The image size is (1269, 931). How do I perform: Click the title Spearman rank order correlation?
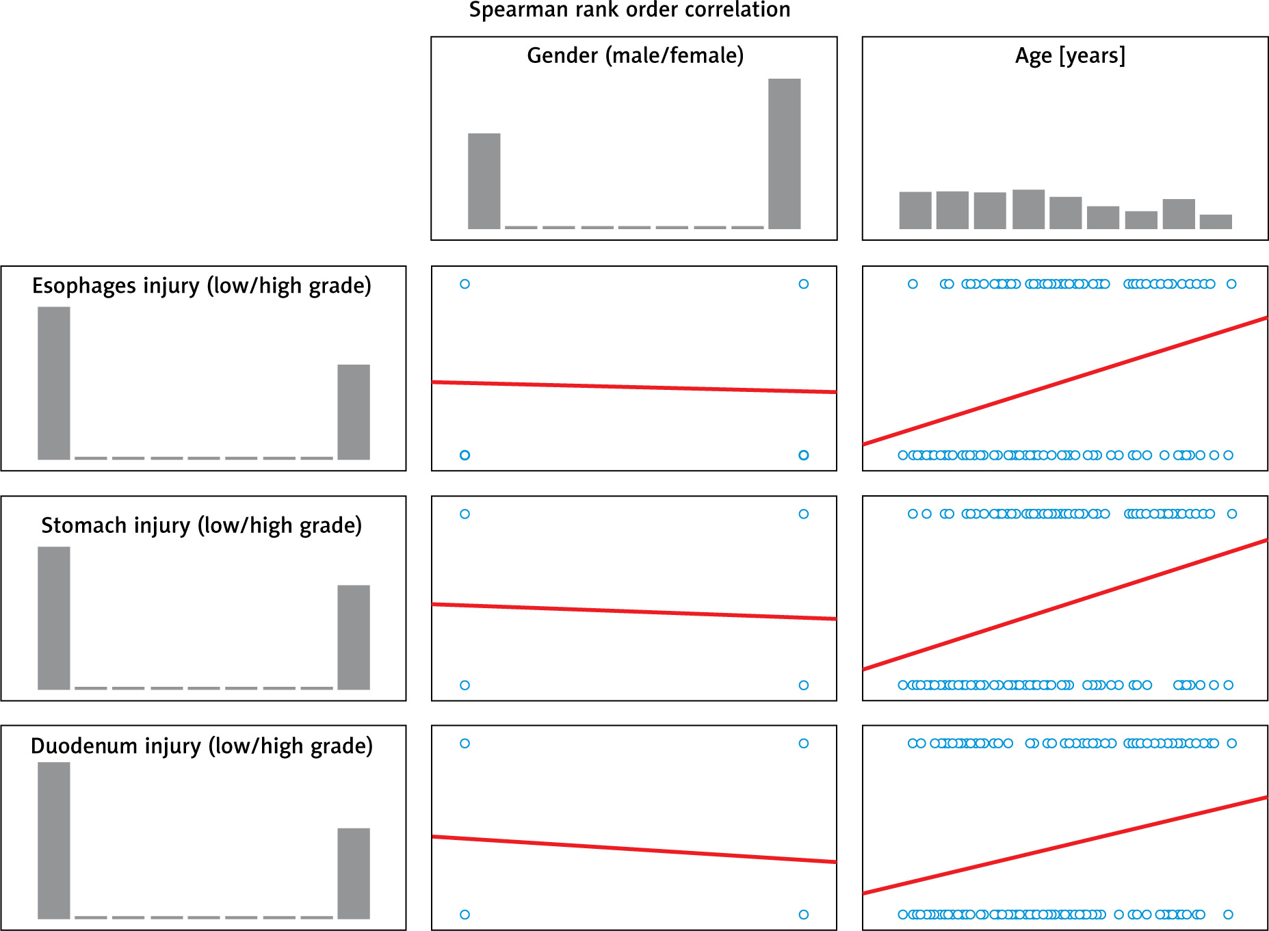click(x=629, y=10)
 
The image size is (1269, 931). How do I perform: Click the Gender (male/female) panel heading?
click(x=635, y=55)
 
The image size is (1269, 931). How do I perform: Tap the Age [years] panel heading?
click(x=1070, y=55)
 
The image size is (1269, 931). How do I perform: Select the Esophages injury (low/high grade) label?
click(x=202, y=285)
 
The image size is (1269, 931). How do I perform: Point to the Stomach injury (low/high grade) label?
click(x=202, y=525)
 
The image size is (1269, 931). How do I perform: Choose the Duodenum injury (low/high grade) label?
click(x=202, y=746)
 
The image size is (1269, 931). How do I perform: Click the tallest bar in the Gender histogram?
click(x=784, y=154)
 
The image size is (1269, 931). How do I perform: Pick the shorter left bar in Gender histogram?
click(x=484, y=181)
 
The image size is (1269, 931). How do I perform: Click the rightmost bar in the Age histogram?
click(x=1216, y=222)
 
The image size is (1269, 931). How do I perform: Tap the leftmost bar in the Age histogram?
click(x=915, y=210)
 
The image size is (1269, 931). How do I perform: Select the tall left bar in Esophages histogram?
click(x=54, y=383)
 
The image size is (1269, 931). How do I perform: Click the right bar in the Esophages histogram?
click(x=354, y=412)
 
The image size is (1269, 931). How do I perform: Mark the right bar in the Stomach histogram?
click(x=354, y=637)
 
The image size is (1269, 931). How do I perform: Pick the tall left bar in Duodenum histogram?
click(x=54, y=840)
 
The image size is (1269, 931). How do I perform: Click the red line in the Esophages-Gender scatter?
click(x=634, y=387)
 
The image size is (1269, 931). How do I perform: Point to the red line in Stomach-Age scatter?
click(x=1065, y=605)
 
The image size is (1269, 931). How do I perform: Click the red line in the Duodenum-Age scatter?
click(x=1065, y=845)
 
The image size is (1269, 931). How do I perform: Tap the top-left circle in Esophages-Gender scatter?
click(x=465, y=284)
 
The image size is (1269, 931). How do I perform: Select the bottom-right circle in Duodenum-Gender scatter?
click(x=804, y=915)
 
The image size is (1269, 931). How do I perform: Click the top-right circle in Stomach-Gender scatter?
click(x=804, y=514)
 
